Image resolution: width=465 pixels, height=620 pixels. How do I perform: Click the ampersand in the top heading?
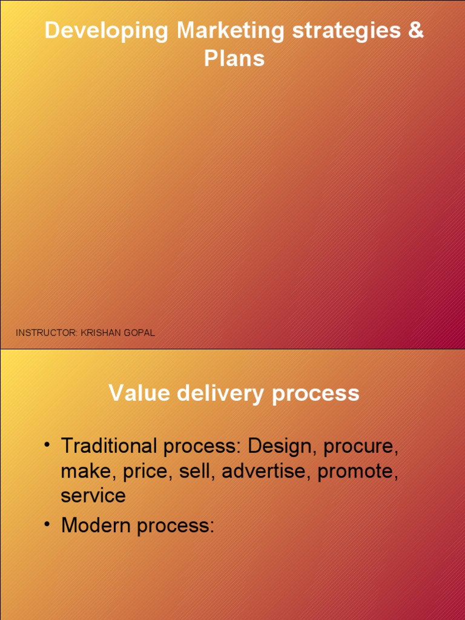tap(415, 30)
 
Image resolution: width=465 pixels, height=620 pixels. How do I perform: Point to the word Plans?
tap(234, 59)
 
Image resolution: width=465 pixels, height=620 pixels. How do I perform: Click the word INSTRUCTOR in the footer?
tap(47, 333)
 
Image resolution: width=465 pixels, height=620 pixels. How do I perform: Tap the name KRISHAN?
tap(101, 333)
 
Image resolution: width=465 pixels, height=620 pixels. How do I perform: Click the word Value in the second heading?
tap(139, 393)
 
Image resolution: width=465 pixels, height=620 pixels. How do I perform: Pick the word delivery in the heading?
tap(220, 394)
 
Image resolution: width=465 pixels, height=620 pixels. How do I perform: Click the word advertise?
tap(264, 471)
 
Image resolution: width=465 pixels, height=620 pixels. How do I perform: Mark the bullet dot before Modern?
tap(47, 524)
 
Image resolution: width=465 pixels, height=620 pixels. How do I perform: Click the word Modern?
tap(96, 526)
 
